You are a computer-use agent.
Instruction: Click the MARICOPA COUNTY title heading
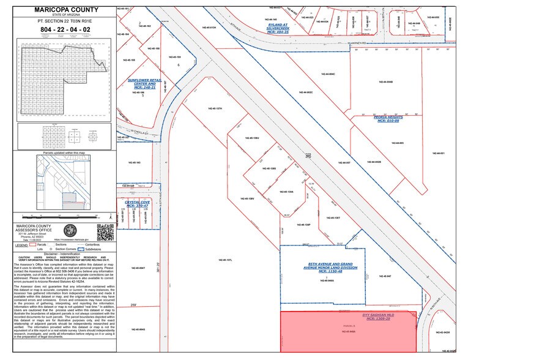tap(64, 9)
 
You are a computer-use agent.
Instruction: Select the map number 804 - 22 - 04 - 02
tap(64, 29)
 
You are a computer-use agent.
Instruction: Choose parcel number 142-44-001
tap(438, 153)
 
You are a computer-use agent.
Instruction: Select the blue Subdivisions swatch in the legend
tap(81, 249)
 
